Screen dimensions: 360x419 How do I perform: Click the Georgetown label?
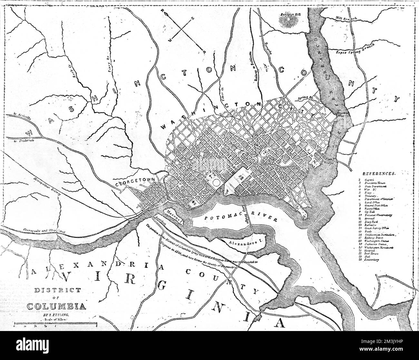(x=135, y=183)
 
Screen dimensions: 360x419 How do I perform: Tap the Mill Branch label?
(x=346, y=19)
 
